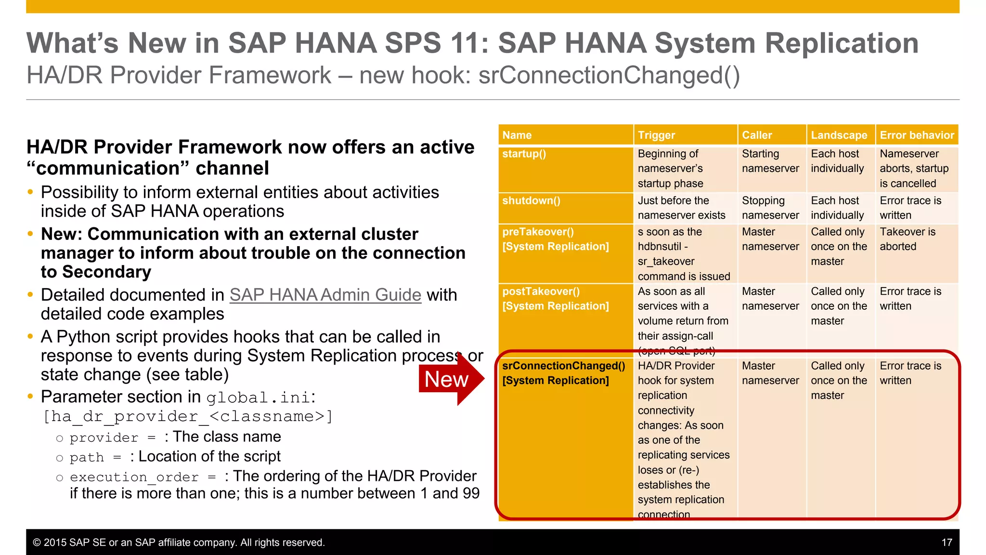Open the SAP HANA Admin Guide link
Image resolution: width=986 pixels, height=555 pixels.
pyautogui.click(x=325, y=295)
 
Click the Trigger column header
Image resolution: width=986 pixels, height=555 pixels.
pyautogui.click(x=656, y=135)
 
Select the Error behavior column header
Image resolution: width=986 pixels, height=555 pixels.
pyautogui.click(x=916, y=135)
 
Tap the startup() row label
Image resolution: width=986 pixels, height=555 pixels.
pyautogui.click(x=524, y=154)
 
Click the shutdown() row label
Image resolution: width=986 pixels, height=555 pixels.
pyautogui.click(x=531, y=201)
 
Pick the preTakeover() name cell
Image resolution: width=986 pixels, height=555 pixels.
pyautogui.click(x=555, y=239)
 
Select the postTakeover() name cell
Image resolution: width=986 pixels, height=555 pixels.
pyautogui.click(x=555, y=299)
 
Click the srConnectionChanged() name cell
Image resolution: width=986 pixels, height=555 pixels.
pyautogui.click(x=563, y=373)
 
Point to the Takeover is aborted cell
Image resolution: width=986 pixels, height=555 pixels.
pyautogui.click(x=907, y=239)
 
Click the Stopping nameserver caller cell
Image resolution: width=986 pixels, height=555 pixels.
pyautogui.click(x=770, y=208)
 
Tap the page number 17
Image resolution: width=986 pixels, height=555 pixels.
pyautogui.click(x=947, y=542)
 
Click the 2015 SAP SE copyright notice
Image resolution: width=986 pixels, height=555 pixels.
pyautogui.click(x=179, y=542)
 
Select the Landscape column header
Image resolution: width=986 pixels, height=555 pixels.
pyautogui.click(x=839, y=135)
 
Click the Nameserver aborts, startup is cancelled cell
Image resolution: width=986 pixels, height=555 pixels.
pyautogui.click(x=913, y=169)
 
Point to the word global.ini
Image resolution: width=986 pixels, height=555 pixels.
pyautogui.click(x=258, y=398)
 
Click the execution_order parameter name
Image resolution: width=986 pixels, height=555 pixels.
pyautogui.click(x=134, y=477)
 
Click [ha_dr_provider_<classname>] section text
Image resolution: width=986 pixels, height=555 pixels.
pyautogui.click(x=188, y=417)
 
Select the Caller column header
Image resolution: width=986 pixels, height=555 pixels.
pyautogui.click(x=756, y=135)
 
